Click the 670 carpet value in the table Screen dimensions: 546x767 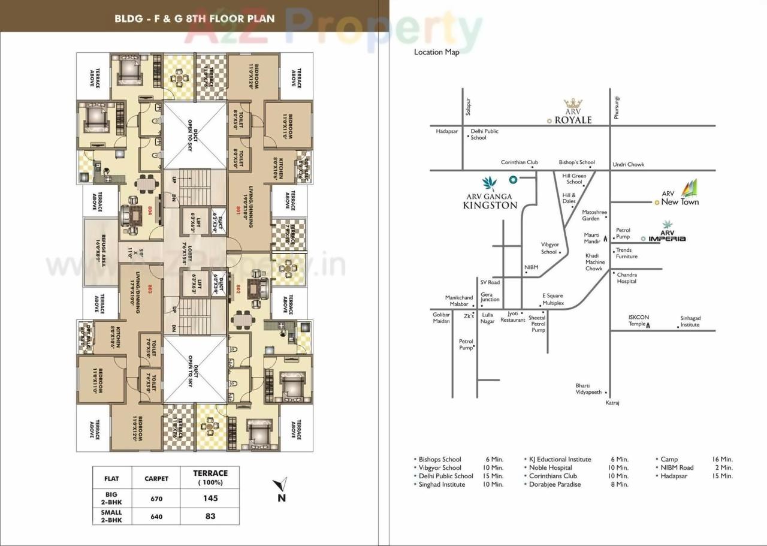[156, 499]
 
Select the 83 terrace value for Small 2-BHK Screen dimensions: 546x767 [210, 515]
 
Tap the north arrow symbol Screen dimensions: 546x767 [279, 486]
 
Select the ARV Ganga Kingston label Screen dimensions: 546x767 [490, 200]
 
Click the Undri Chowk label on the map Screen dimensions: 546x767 [628, 165]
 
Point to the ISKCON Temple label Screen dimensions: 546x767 [639, 321]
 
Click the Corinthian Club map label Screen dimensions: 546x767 [520, 162]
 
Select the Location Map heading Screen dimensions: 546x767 [436, 52]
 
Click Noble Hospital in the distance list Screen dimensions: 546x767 [550, 467]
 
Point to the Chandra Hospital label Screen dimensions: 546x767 [627, 278]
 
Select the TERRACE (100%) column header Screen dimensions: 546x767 [210, 477]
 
